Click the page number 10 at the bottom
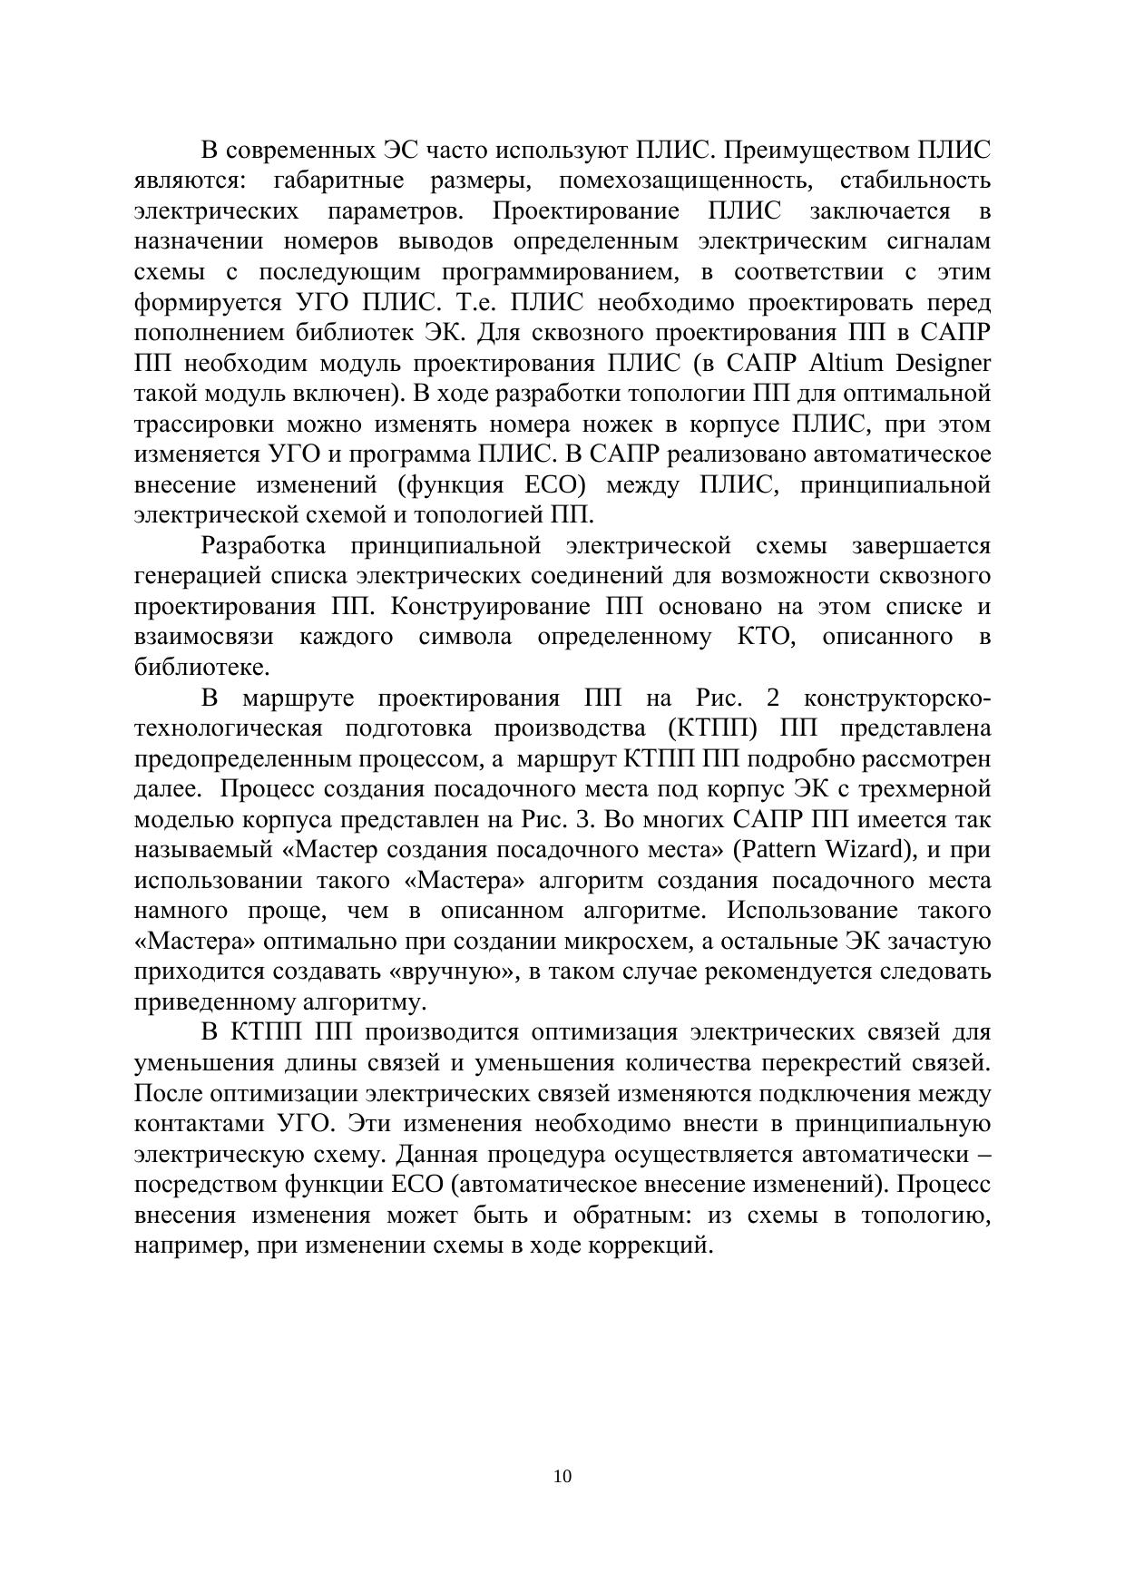coord(562,1477)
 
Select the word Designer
coord(944,364)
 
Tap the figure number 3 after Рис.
coord(584,820)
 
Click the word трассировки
coord(202,425)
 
